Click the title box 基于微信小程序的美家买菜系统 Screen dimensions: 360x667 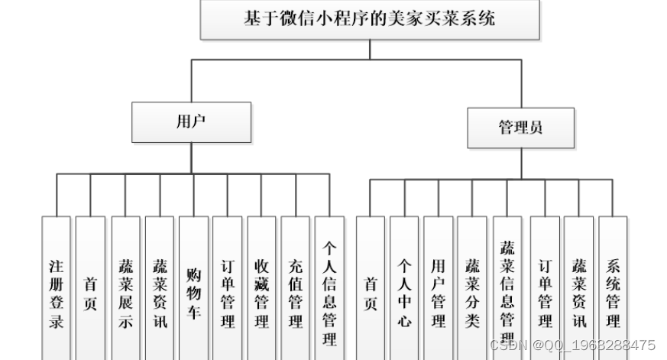coord(369,20)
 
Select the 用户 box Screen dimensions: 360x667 coord(190,122)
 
